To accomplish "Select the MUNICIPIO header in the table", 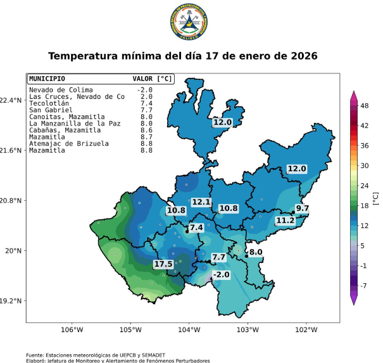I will [x=47, y=79].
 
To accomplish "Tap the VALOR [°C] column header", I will [x=152, y=79].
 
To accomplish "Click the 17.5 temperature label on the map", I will [x=163, y=264].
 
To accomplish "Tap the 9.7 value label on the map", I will [x=302, y=208].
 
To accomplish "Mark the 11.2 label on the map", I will [x=285, y=220].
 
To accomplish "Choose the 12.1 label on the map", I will [x=201, y=202].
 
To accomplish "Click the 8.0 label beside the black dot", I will [x=256, y=252].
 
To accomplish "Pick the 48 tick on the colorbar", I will [x=365, y=106].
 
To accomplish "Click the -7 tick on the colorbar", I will [x=364, y=286].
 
